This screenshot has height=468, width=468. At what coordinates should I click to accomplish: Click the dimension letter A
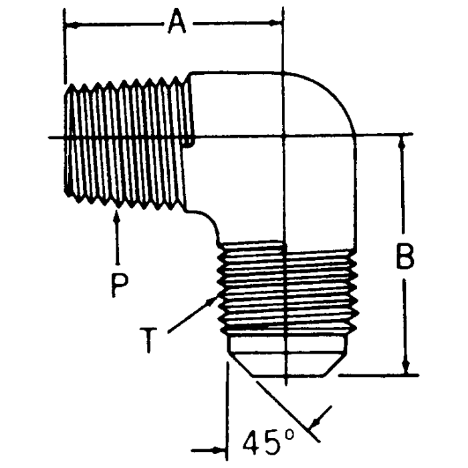click(x=176, y=24)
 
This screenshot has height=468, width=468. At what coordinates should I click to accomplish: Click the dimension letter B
click(x=404, y=256)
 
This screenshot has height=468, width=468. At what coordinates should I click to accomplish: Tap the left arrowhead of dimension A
click(x=71, y=25)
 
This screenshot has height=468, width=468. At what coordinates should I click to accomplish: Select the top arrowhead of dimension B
click(x=404, y=140)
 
